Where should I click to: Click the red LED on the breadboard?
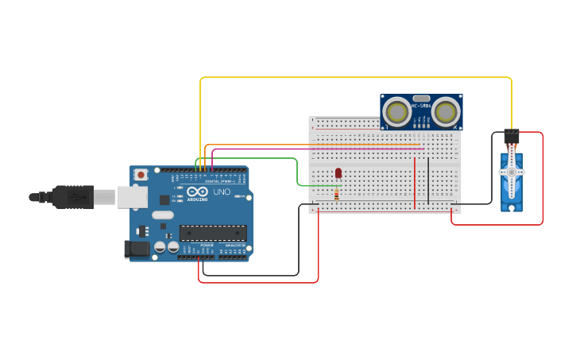338,172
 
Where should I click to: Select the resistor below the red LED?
336,195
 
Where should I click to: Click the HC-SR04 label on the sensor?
421,106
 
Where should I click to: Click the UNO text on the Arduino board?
222,192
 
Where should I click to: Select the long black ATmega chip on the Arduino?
212,233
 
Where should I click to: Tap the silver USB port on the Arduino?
132,197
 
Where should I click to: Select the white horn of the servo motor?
511,171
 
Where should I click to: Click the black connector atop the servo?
512,137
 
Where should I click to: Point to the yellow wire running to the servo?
358,77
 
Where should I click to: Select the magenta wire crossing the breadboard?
318,149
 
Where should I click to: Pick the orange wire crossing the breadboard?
318,145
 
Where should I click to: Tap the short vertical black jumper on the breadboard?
428,181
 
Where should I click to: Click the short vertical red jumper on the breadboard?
414,183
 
